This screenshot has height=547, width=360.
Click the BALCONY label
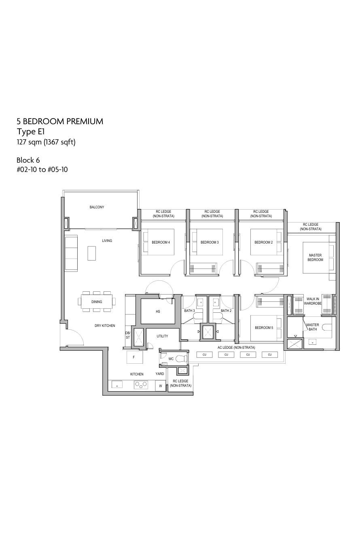pos(97,207)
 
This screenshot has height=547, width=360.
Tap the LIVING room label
pos(107,241)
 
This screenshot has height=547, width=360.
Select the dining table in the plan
pos(97,301)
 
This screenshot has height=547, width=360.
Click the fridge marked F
pos(134,357)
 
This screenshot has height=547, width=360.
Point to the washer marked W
pos(161,386)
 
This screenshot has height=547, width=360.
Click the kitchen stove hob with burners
pos(141,385)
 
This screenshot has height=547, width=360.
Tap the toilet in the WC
pos(181,359)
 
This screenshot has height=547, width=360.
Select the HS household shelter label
pos(158,312)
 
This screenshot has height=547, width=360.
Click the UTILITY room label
pos(162,336)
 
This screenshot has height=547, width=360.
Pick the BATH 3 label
pos(189,311)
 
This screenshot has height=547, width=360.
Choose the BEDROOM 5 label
pos(264,327)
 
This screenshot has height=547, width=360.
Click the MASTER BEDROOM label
pos(315,257)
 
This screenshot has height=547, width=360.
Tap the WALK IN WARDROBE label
pos(313,301)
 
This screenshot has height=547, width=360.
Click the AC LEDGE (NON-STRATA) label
pos(236,347)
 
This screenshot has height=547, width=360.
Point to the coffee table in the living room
pos(91,253)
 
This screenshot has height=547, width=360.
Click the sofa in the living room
pos(71,253)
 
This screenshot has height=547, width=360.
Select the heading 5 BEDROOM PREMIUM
pos(60,121)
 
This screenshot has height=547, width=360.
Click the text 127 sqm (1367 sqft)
pos(46,142)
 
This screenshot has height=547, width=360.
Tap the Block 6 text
pos(28,160)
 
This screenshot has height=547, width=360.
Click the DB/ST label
pos(128,335)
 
